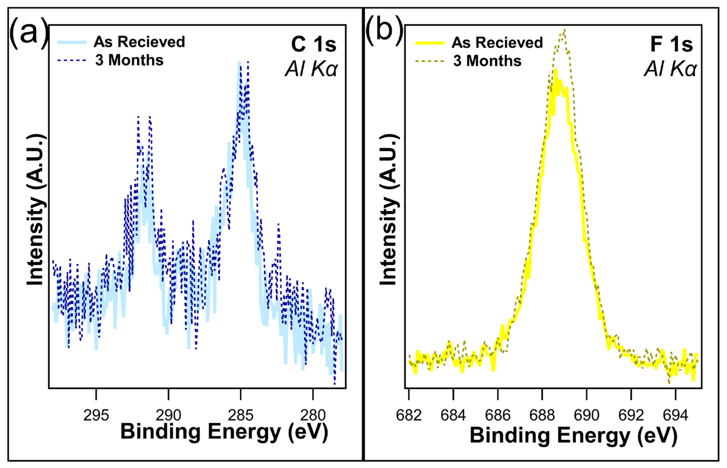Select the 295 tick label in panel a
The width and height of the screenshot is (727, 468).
pos(96,415)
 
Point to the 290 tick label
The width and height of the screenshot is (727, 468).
pos(168,415)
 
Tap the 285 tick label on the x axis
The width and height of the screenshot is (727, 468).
pos(240,415)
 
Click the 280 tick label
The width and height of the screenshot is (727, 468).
pos(313,415)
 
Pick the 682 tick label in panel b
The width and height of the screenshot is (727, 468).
pos(409,415)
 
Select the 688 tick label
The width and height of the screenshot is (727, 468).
pos(542,415)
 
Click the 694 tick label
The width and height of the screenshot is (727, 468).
pos(675,415)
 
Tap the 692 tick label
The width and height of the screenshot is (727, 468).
pos(631,415)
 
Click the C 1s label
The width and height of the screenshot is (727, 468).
pos(314,44)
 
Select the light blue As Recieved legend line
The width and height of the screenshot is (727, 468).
pos(72,43)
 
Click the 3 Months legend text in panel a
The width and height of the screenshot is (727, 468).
pos(129,60)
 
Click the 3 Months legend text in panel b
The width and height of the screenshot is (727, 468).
pos(487,61)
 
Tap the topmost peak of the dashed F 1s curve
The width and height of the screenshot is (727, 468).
pos(564,30)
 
